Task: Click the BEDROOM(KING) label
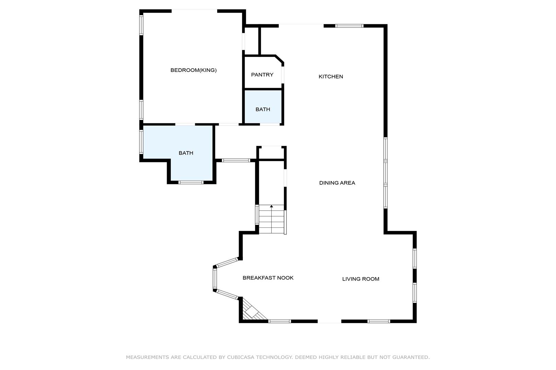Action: click(x=193, y=70)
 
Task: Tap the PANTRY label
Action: click(x=262, y=75)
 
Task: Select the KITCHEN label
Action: click(x=331, y=76)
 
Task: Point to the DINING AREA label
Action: click(x=337, y=183)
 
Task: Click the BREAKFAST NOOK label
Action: click(x=268, y=278)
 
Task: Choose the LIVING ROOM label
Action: click(x=360, y=279)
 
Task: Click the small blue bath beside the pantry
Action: click(x=263, y=107)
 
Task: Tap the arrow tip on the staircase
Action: click(x=271, y=206)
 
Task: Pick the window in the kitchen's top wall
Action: click(x=349, y=26)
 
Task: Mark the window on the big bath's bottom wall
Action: click(x=191, y=183)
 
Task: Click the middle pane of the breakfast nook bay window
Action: click(x=215, y=279)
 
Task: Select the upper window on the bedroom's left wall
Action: click(x=141, y=25)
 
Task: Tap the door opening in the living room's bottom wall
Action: click(x=329, y=321)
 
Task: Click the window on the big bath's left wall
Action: click(x=141, y=142)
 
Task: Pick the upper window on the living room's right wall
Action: click(x=415, y=258)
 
